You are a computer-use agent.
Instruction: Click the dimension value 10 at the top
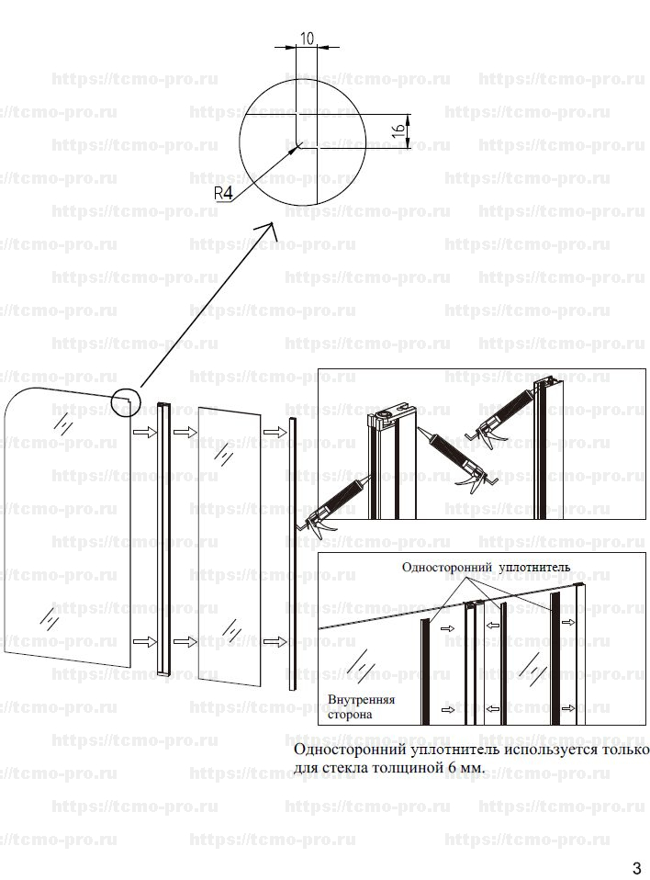point(307,39)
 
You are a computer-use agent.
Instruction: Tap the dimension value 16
point(398,130)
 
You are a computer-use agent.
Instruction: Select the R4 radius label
point(223,194)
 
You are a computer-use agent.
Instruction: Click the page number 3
point(636,867)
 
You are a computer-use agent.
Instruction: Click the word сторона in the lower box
point(350,715)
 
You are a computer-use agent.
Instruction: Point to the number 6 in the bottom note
point(451,767)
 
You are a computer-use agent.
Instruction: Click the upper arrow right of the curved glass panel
point(144,432)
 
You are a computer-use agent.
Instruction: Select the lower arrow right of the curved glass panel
point(144,641)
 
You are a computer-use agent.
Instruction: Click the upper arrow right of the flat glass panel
point(275,432)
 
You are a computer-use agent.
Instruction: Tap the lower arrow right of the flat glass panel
point(275,641)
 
